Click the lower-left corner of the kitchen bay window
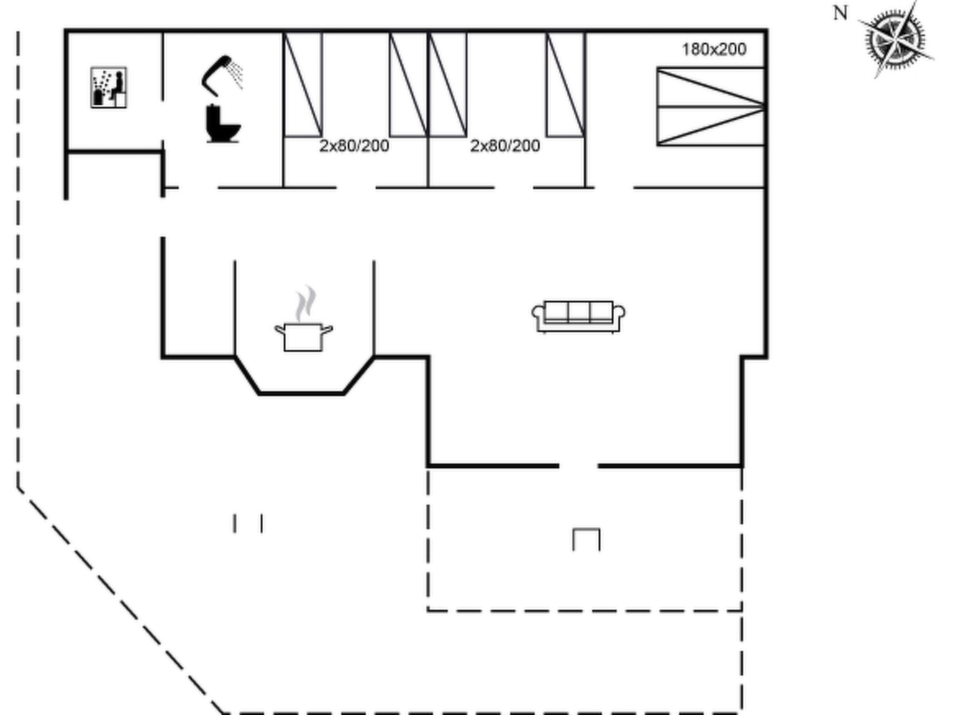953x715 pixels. pos(259,393)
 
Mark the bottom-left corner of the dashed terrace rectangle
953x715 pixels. pos(428,610)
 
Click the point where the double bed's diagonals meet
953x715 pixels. pos(763,107)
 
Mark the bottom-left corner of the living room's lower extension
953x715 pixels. pos(428,465)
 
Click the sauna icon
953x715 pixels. pos(108,88)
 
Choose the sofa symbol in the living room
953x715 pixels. pos(578,317)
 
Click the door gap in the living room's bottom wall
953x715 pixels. pos(578,465)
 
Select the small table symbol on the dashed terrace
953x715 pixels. pos(586,540)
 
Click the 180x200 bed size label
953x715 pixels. pos(714,49)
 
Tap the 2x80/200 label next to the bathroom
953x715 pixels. pos(354,146)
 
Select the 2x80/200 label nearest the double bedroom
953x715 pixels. pos(505,146)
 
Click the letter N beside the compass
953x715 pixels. pos(840,13)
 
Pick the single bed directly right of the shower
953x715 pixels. pos(303,84)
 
